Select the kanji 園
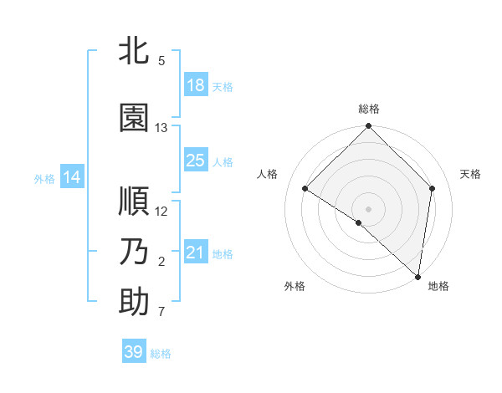(x=134, y=118)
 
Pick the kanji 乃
(x=134, y=252)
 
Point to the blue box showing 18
(x=196, y=85)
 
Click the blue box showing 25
(x=196, y=161)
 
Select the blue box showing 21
(x=196, y=253)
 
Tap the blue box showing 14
(x=71, y=177)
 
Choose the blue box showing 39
(x=134, y=352)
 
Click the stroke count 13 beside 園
(x=161, y=128)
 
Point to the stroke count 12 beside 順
(x=161, y=211)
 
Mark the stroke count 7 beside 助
(x=161, y=313)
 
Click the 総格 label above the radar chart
(x=369, y=110)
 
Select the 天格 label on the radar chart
(x=470, y=174)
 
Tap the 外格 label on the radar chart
(x=295, y=286)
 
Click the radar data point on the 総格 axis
(x=369, y=126)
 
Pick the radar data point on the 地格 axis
(x=418, y=277)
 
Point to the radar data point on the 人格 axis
(x=305, y=188)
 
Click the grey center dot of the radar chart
(x=369, y=208)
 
